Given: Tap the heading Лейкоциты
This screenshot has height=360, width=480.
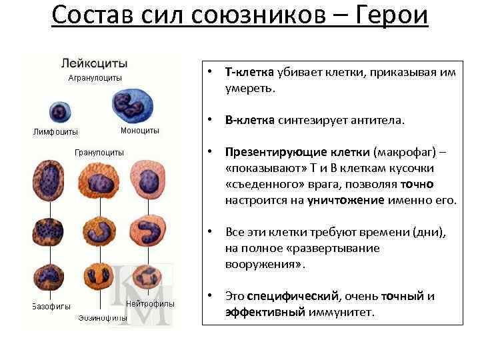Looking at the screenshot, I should (93, 64).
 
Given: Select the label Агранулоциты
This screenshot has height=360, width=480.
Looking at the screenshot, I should (95, 78).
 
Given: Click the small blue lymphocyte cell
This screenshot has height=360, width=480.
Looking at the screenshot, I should (59, 111).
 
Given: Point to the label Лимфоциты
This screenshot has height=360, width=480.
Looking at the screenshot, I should (56, 131).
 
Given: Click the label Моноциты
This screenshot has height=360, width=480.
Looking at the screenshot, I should (140, 130).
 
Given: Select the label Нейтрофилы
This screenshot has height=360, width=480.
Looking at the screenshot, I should (151, 303).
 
